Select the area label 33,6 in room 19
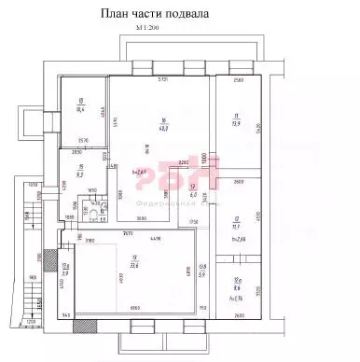tap(134, 263)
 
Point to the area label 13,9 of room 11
tap(236, 123)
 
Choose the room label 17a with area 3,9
tap(64, 271)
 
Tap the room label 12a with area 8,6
tap(237, 286)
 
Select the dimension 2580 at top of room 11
tap(238, 82)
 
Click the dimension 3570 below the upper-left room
tap(82, 141)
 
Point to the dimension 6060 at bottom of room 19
tap(134, 309)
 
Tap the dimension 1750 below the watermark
tap(193, 221)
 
